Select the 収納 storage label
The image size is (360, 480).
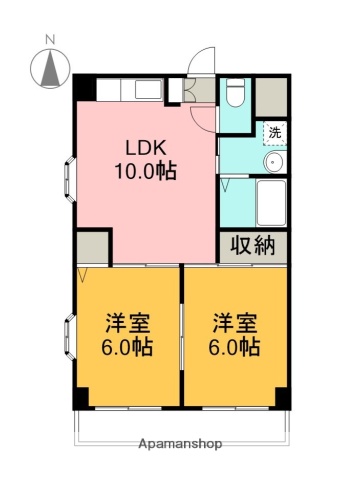(x=253, y=245)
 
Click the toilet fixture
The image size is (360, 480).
(x=234, y=94)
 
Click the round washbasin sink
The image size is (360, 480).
(x=273, y=163)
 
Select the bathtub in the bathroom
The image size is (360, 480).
(x=271, y=203)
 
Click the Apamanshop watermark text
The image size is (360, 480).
(x=180, y=442)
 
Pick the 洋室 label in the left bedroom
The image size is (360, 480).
(x=128, y=325)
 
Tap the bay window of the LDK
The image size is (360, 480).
(x=67, y=179)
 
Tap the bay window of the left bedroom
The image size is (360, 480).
(x=68, y=338)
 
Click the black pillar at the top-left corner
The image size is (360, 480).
(x=81, y=86)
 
